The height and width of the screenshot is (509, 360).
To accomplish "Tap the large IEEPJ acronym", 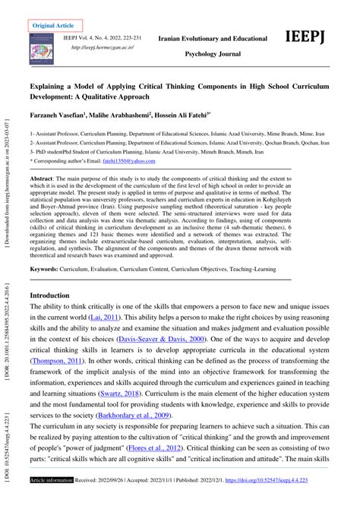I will click(x=309, y=39).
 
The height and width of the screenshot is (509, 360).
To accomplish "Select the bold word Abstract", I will click(x=43, y=177).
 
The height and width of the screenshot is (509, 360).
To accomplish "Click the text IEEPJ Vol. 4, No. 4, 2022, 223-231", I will click(x=113, y=36).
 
